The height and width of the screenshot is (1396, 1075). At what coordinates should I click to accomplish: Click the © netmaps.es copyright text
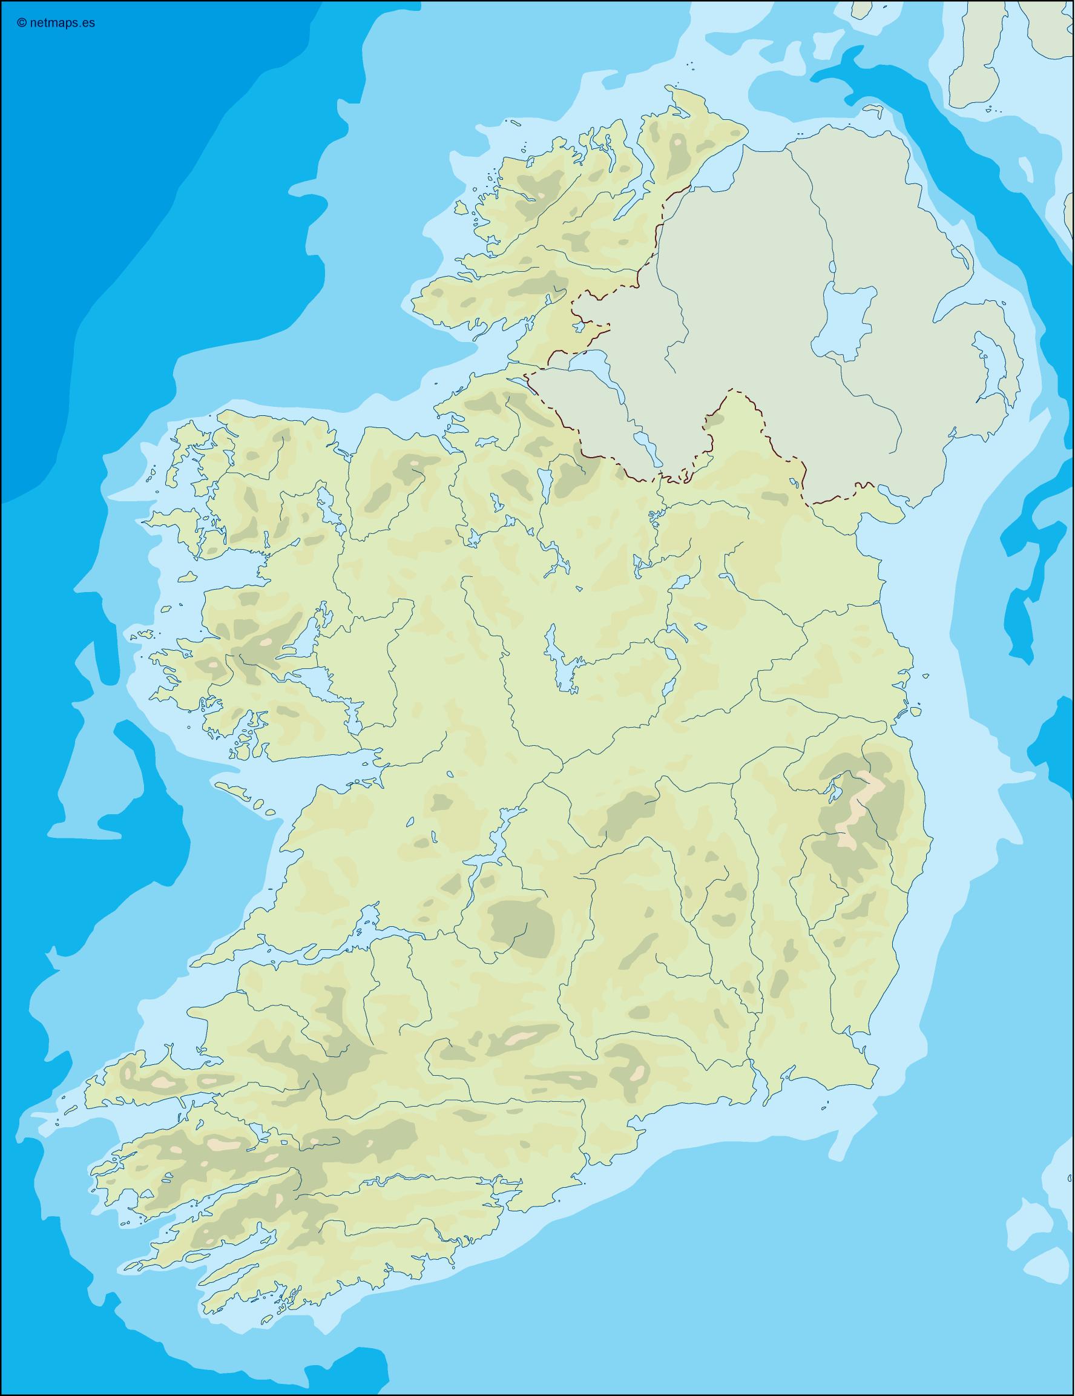(x=56, y=24)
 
